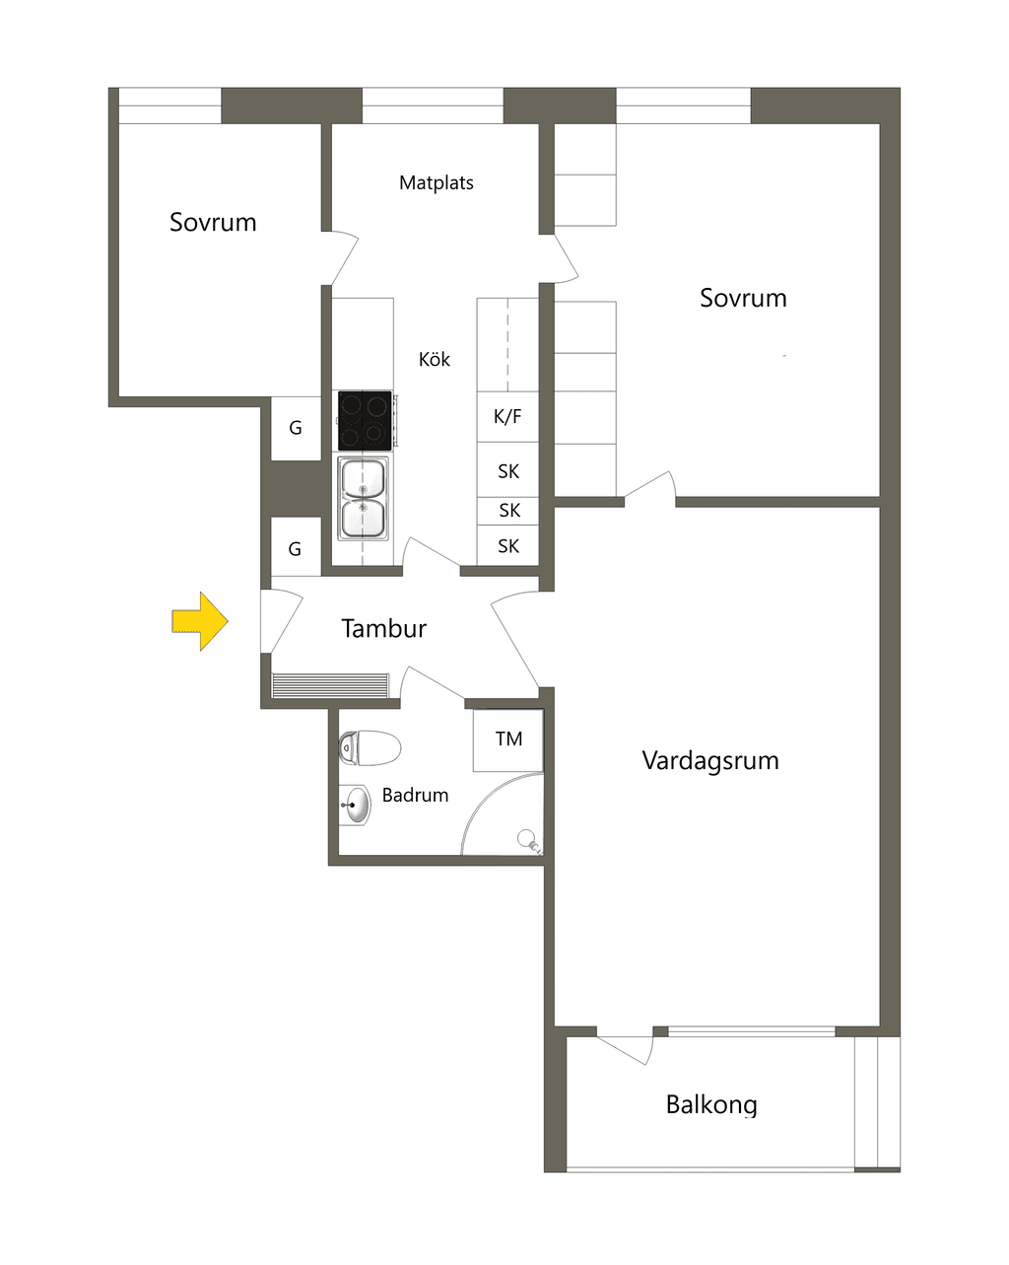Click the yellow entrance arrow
[x=200, y=621]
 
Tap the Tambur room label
[x=383, y=628]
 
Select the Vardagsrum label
[x=710, y=761]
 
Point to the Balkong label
[x=711, y=1105]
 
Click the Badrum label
[x=415, y=795]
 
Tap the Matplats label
[x=437, y=182]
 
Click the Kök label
[x=435, y=359]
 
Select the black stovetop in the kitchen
[x=365, y=420]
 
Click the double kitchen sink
[x=364, y=499]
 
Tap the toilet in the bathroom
[x=370, y=748]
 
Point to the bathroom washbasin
[x=356, y=805]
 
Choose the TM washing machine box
[x=508, y=740]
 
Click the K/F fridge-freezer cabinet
[x=507, y=417]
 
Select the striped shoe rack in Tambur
[x=330, y=685]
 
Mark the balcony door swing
[x=626, y=1050]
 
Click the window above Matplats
[x=433, y=105]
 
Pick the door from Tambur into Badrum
[x=433, y=682]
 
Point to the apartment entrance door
[x=282, y=621]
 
